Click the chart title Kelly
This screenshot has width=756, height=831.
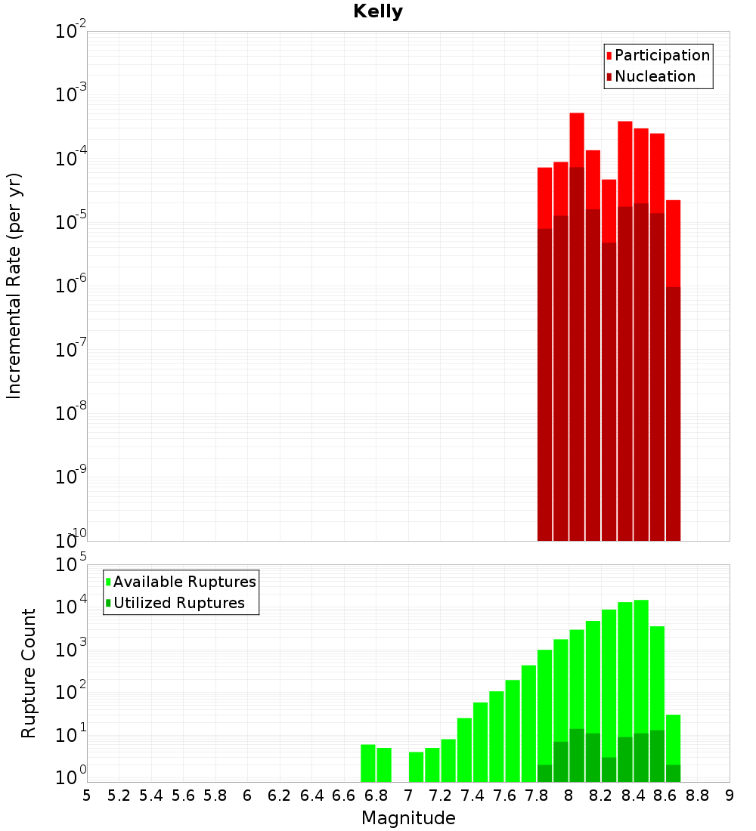378,12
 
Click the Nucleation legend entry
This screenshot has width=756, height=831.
655,76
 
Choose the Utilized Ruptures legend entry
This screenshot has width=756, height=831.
178,603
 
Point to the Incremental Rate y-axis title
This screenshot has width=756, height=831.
14,286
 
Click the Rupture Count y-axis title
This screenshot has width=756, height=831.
29,673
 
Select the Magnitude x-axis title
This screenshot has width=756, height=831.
408,818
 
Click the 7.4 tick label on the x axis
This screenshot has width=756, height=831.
472,795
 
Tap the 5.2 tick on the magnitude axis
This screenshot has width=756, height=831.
119,795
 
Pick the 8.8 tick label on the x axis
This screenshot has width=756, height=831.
697,795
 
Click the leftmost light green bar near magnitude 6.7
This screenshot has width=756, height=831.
368,763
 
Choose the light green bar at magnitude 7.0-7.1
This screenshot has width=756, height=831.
417,767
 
